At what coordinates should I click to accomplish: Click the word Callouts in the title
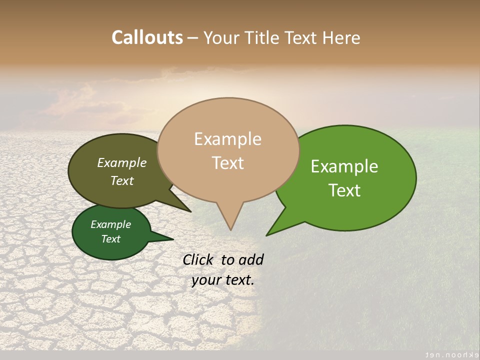click(x=147, y=37)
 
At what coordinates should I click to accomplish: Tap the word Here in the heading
click(x=341, y=38)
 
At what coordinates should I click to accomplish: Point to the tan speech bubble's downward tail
click(x=230, y=217)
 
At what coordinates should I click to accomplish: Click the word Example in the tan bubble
click(x=227, y=139)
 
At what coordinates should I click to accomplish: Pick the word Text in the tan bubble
click(x=228, y=163)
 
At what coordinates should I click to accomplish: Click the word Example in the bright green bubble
click(x=344, y=166)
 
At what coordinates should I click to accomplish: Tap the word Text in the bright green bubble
click(x=345, y=190)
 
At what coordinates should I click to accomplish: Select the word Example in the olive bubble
click(x=121, y=162)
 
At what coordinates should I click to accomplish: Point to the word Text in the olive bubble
click(x=122, y=180)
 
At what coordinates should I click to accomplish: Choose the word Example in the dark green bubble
click(x=110, y=224)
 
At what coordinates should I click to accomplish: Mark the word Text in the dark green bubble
click(x=110, y=239)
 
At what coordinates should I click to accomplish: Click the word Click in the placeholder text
click(x=198, y=259)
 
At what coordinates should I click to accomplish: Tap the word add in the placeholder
click(x=251, y=259)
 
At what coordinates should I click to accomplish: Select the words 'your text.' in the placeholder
click(x=223, y=280)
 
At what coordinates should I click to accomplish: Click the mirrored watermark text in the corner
click(x=448, y=353)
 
